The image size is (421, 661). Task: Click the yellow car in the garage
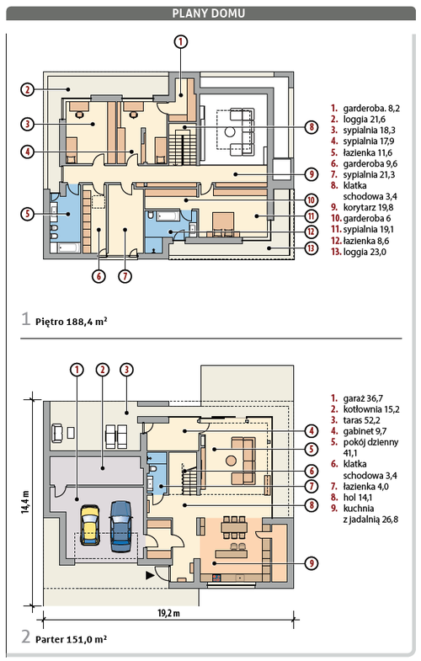90,525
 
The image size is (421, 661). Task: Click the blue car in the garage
120,525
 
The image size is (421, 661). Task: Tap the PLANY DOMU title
208,13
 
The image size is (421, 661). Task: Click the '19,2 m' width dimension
168,612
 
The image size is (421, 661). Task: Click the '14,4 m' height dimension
26,502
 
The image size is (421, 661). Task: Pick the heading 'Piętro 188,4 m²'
71,321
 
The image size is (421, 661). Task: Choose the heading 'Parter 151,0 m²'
71,639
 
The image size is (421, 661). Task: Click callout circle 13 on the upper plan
311,248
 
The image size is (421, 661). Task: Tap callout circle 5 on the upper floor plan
28,213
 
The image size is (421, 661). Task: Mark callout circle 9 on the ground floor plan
311,562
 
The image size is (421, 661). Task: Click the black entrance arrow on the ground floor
150,574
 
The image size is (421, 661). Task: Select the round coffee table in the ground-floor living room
231,461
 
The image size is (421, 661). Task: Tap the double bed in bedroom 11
223,223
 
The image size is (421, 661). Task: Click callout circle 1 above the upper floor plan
180,42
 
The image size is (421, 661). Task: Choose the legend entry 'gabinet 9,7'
359,431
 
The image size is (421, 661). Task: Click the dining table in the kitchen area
234,526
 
